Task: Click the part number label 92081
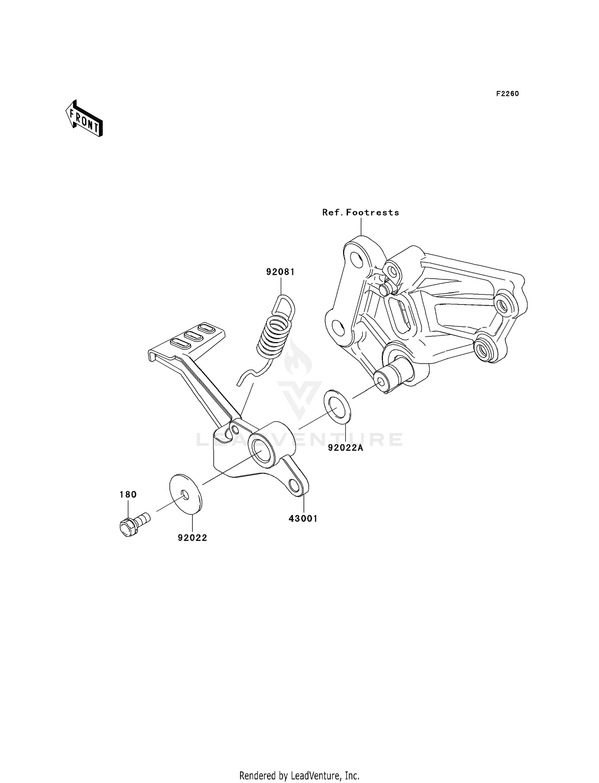coord(280,272)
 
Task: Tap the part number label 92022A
coord(345,448)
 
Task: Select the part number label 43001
coord(303,518)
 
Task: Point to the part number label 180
coord(128,494)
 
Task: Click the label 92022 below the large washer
coord(192,538)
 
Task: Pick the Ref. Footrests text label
coord(361,213)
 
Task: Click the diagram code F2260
coord(508,94)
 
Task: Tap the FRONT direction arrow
coord(84,119)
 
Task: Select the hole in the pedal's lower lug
coord(295,486)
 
